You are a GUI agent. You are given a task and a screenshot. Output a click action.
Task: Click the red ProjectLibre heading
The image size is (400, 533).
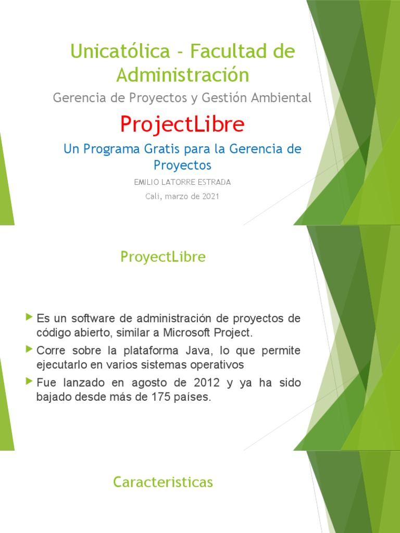(x=182, y=124)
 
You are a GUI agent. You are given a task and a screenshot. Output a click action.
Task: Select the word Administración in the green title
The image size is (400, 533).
(x=182, y=75)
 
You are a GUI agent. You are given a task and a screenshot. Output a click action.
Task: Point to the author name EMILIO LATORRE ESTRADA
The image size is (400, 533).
(x=182, y=182)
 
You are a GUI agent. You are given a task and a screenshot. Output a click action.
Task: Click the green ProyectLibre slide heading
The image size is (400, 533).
(x=162, y=257)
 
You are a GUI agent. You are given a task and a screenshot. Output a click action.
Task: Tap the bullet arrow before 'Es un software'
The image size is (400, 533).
(x=29, y=316)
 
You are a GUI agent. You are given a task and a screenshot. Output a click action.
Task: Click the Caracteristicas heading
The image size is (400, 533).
(x=163, y=483)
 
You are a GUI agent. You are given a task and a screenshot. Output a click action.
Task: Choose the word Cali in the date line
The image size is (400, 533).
(x=153, y=196)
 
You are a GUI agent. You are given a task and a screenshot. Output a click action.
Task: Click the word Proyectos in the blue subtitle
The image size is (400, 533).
(x=182, y=165)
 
